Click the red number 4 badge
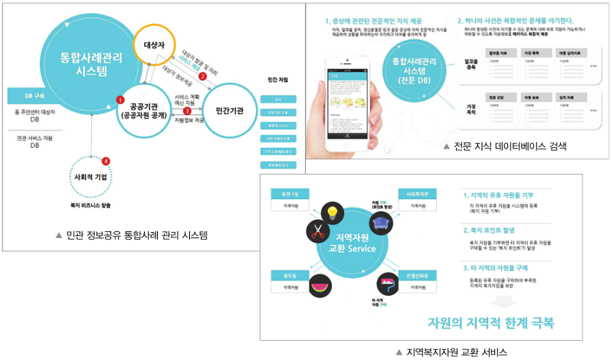(106, 160)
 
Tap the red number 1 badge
(120, 99)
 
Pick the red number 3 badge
(187, 111)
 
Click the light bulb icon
(333, 211)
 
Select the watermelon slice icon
(320, 284)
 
